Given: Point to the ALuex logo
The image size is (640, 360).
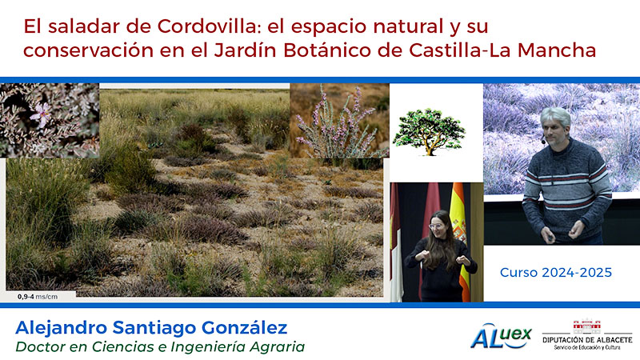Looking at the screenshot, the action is [502, 336].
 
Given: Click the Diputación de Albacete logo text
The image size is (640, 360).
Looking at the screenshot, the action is [587, 339].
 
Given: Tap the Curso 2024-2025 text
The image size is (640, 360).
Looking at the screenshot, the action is [556, 273].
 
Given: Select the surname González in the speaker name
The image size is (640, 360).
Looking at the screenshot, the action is [244, 328].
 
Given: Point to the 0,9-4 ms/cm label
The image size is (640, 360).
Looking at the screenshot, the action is [38, 297].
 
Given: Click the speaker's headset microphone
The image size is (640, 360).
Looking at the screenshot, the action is [543, 142].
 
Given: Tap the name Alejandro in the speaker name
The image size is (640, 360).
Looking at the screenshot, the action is [62, 328].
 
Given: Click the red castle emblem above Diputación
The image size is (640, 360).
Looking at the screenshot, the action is [587, 326].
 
